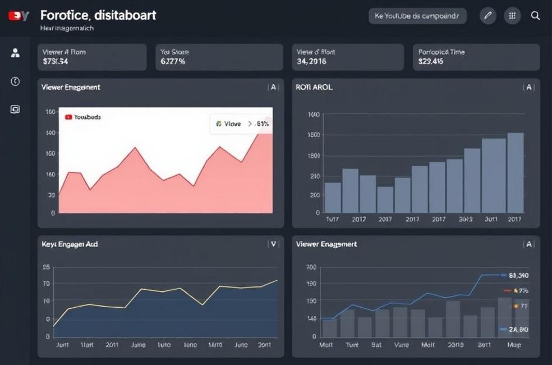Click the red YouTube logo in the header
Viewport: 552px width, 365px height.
point(19,16)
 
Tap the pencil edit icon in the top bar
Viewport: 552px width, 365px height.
point(488,16)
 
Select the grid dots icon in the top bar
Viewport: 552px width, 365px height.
point(512,16)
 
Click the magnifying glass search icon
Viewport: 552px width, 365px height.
point(536,16)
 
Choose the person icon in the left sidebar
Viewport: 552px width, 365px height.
point(15,53)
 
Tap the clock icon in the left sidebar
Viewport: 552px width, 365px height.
point(15,81)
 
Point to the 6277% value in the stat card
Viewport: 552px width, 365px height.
point(173,62)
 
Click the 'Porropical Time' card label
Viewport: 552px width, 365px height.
point(441,52)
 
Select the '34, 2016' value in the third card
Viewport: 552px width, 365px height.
point(311,62)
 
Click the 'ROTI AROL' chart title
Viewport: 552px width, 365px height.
point(314,88)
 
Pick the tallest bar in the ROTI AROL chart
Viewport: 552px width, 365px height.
point(515,172)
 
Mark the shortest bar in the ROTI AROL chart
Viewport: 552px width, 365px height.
point(385,199)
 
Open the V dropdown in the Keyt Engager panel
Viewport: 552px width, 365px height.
point(273,244)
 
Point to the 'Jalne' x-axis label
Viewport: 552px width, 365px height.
point(138,345)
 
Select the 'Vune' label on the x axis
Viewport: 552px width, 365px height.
point(402,345)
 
